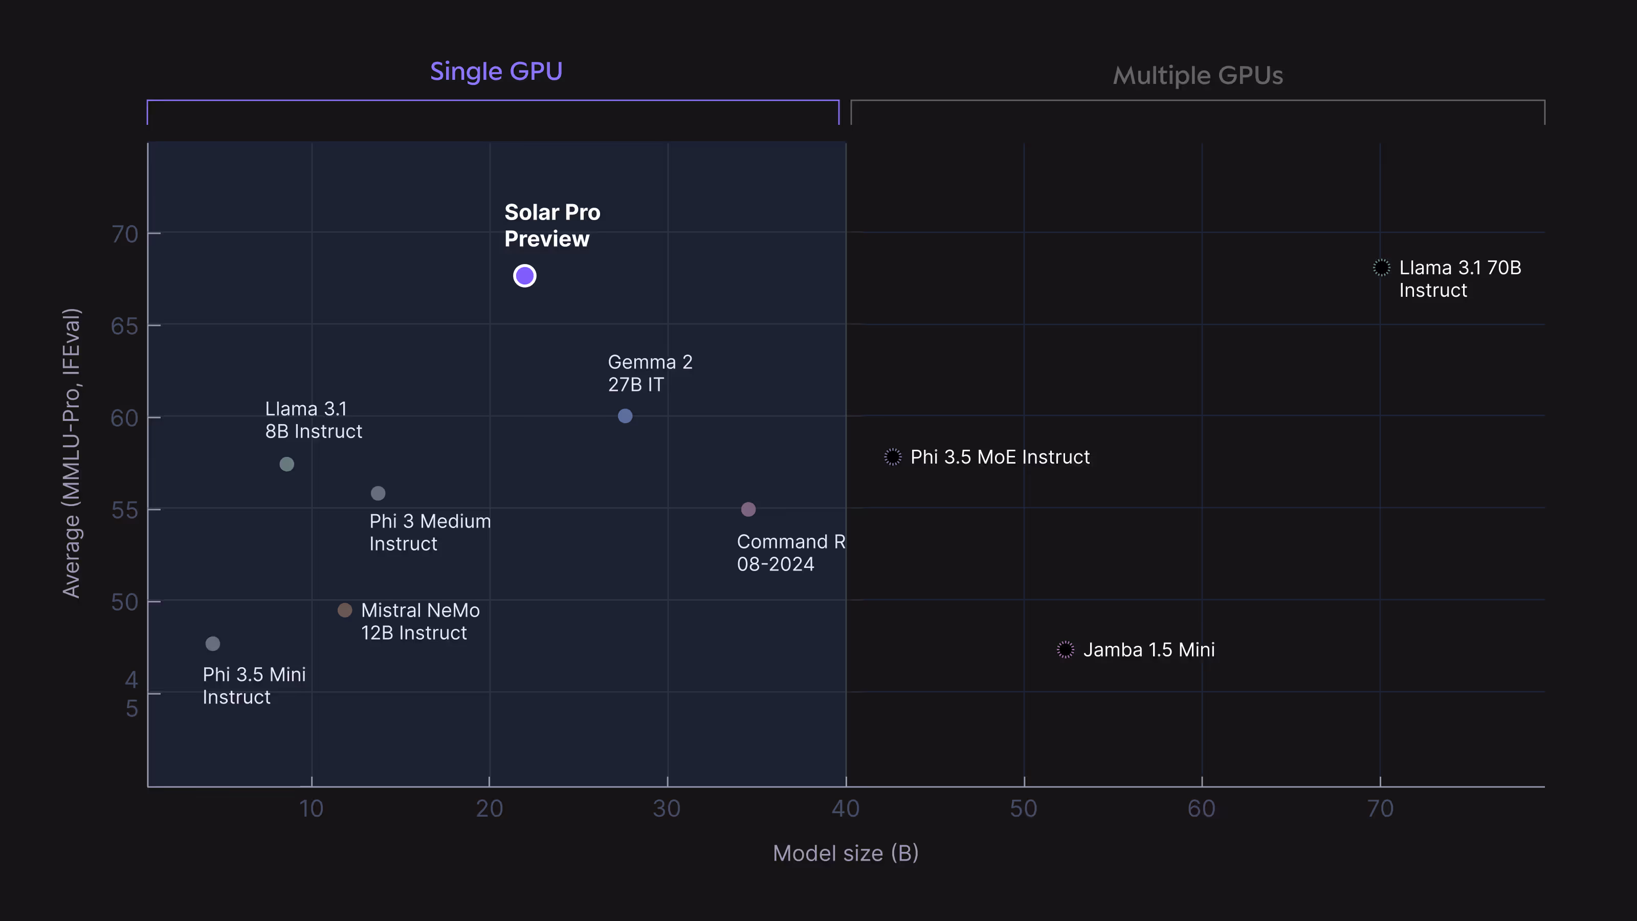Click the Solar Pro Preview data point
coord(524,276)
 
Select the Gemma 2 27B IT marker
coord(625,415)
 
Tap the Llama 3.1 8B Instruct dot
coord(286,464)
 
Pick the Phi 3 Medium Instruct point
coord(378,493)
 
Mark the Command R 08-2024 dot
coord(748,509)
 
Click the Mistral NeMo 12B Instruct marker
coord(344,610)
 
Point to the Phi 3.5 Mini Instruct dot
coord(212,644)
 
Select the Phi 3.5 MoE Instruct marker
coord(892,456)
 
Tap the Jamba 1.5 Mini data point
coord(1065,650)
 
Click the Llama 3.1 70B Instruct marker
coord(1381,268)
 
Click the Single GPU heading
coord(496,71)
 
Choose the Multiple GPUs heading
coord(1197,76)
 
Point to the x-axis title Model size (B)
coord(845,853)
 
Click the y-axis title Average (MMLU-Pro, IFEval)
coord(71,452)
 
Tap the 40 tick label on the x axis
coord(845,808)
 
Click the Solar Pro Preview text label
coord(551,226)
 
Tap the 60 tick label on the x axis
coord(1201,808)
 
